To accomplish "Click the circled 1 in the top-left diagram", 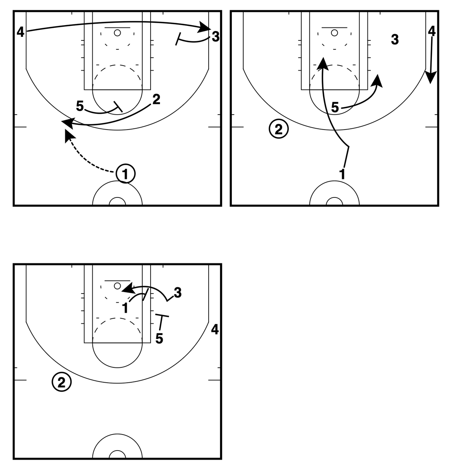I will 125,173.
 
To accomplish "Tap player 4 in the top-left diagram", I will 20,32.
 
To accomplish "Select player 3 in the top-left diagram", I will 215,37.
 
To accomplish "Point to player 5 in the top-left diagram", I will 80,106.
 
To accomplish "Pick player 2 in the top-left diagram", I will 156,100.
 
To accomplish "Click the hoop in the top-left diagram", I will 117,33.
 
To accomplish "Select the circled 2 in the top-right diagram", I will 279,129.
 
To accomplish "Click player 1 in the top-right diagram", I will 342,174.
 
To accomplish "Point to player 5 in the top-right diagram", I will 335,107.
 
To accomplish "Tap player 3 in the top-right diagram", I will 395,39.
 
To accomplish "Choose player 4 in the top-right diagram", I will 432,31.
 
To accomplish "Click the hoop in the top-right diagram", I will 334,33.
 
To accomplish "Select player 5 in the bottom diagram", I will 159,338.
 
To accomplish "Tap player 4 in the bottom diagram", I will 215,330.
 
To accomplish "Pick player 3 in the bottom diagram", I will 177,292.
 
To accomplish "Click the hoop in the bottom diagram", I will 117,286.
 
